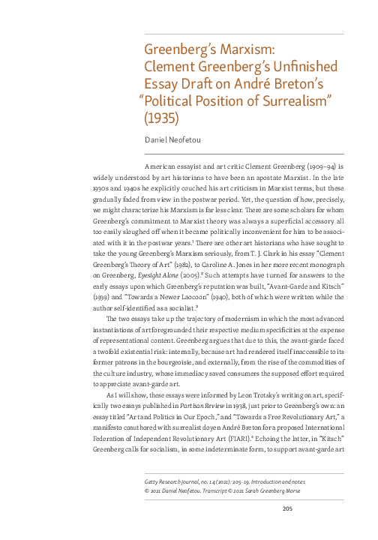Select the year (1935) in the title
pos(163,117)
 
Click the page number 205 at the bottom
pos(286,510)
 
